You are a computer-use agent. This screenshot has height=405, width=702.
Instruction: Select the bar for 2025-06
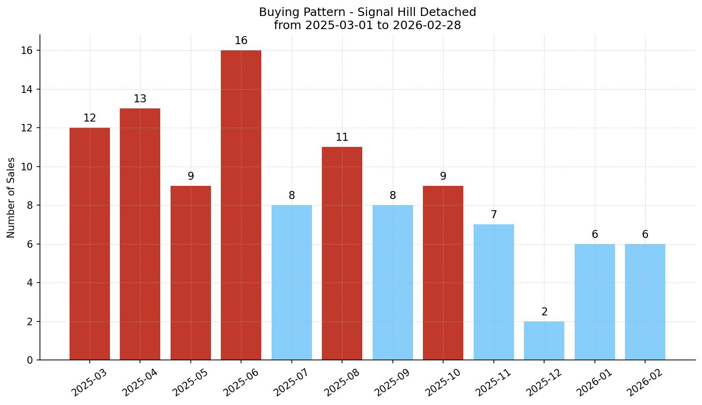pyautogui.click(x=241, y=205)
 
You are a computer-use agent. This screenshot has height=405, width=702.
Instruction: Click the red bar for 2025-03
pyautogui.click(x=90, y=244)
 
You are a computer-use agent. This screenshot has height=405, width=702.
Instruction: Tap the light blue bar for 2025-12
pyautogui.click(x=544, y=341)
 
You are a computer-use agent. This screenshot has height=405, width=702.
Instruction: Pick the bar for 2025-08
pyautogui.click(x=342, y=253)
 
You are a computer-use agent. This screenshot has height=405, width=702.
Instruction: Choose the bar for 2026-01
pyautogui.click(x=594, y=302)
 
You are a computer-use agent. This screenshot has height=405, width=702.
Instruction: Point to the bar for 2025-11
pyautogui.click(x=494, y=292)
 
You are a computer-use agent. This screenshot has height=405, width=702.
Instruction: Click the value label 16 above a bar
pyautogui.click(x=241, y=41)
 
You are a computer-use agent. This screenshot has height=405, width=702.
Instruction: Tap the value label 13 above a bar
pyautogui.click(x=140, y=99)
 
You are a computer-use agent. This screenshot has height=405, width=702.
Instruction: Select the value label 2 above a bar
pyautogui.click(x=544, y=312)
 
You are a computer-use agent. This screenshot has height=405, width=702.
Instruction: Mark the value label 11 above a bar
pyautogui.click(x=342, y=138)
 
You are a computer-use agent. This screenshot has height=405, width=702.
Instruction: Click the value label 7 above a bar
pyautogui.click(x=494, y=215)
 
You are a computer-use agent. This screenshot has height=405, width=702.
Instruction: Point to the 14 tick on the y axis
pyautogui.click(x=27, y=89)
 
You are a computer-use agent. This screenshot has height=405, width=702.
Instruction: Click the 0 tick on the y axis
pyautogui.click(x=30, y=360)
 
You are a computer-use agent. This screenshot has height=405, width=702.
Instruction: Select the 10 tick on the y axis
pyautogui.click(x=27, y=167)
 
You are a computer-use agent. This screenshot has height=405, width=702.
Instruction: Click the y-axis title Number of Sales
pyautogui.click(x=11, y=198)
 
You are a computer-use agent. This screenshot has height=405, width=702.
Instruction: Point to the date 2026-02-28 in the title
pyautogui.click(x=427, y=25)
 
